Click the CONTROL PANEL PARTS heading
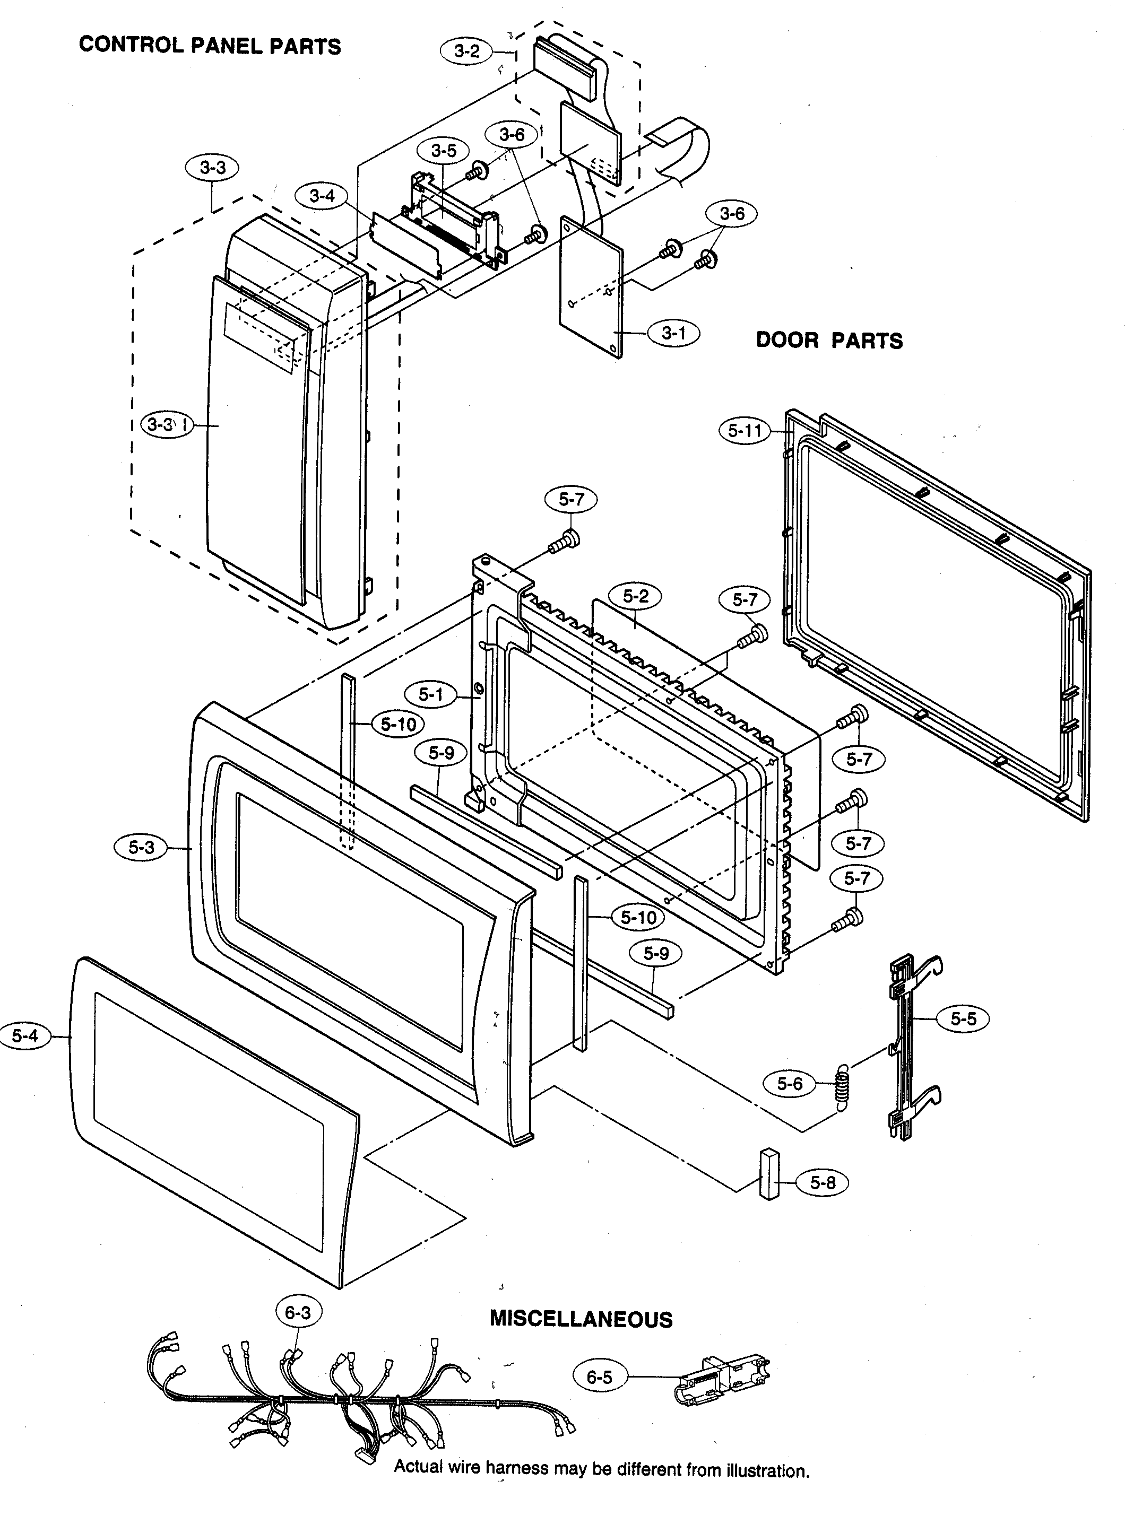click(x=210, y=46)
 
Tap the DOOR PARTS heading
click(x=829, y=341)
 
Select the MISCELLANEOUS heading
click(x=581, y=1319)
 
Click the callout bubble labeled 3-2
click(x=467, y=51)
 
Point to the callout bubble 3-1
click(x=673, y=333)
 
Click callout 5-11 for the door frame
click(x=745, y=430)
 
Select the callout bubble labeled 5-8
click(x=823, y=1182)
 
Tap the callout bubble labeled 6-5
click(x=599, y=1377)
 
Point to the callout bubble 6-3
click(x=298, y=1312)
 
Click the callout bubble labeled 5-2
click(x=635, y=596)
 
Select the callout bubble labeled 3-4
click(x=322, y=196)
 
